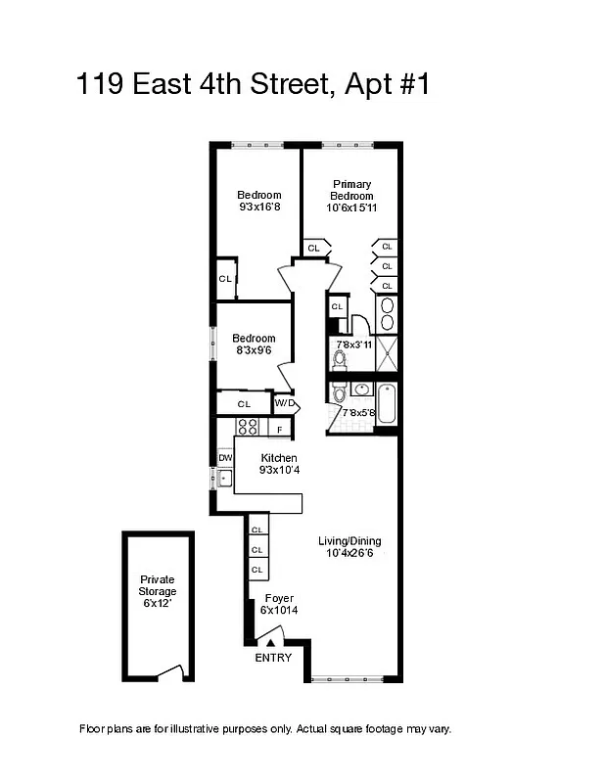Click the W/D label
tap(285, 402)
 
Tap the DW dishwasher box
tap(225, 457)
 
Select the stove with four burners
tap(247, 427)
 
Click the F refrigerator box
tap(280, 429)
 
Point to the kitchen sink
tap(224, 479)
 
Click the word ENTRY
tap(273, 658)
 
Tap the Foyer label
tap(279, 598)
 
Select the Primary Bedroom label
tap(351, 190)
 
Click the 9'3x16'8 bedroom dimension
tap(259, 207)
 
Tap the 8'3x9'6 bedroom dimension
tap(254, 350)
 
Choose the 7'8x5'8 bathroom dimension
tap(358, 413)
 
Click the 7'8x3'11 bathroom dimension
tap(354, 344)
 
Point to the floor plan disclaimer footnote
tap(264, 729)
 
